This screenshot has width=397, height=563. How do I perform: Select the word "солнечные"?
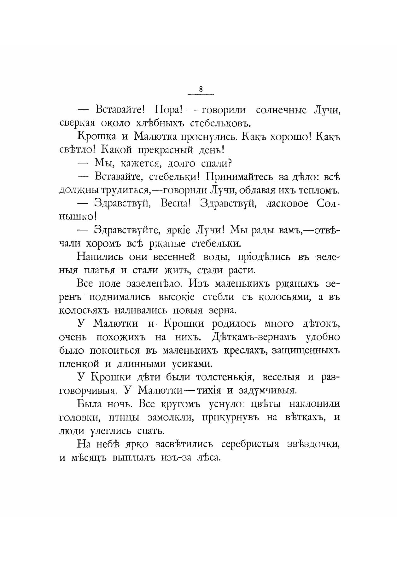click(281, 110)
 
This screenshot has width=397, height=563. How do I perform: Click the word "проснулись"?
click(206, 137)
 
